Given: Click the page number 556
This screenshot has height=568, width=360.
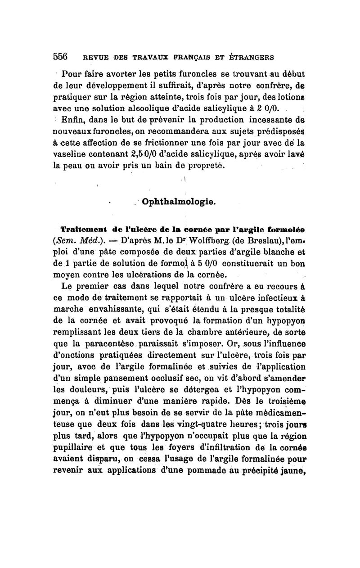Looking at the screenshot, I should coord(60,57).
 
